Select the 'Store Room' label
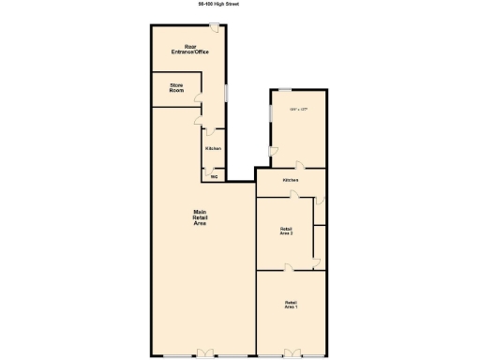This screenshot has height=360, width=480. (x=176, y=88)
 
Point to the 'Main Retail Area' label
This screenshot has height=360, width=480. (x=199, y=218)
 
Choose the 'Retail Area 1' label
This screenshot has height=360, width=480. (x=291, y=304)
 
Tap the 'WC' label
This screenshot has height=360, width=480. (x=214, y=175)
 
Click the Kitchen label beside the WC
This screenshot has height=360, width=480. (x=213, y=149)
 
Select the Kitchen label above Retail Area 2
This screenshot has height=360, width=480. (x=291, y=180)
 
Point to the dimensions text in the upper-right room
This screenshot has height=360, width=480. (x=299, y=111)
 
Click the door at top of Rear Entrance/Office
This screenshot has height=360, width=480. (x=215, y=27)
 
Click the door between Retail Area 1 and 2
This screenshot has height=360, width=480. (x=290, y=268)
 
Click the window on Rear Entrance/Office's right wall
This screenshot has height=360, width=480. (x=226, y=96)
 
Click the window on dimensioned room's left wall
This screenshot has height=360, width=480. (x=271, y=112)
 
